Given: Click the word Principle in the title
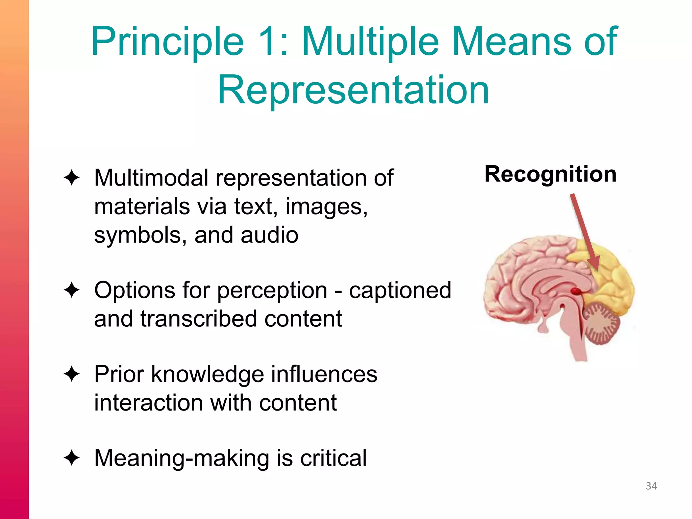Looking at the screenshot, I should point(167,42).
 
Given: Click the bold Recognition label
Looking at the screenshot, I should point(550,174).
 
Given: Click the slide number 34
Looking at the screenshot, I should point(651,486).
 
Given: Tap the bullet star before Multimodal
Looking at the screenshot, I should point(71,178).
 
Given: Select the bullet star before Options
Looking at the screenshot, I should point(71,290).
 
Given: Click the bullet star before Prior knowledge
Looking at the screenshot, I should point(71,374).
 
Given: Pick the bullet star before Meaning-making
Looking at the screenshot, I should point(71,458).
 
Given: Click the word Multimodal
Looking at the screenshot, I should point(151,178).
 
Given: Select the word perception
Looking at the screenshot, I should point(272,291).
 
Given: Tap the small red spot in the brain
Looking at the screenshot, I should point(576,291).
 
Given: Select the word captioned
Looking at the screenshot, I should point(400,291).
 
